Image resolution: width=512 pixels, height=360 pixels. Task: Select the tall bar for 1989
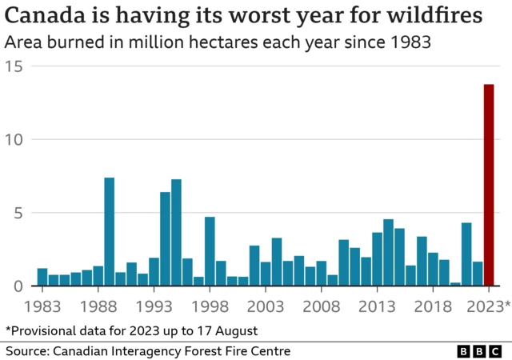point(110,232)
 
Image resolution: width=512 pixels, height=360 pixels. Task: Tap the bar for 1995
point(176,233)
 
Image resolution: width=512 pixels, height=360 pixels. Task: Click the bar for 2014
point(388,253)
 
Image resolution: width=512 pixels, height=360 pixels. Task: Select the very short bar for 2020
point(455,283)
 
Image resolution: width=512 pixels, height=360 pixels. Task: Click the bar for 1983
point(42,277)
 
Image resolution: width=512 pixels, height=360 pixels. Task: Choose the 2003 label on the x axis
point(266,306)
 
